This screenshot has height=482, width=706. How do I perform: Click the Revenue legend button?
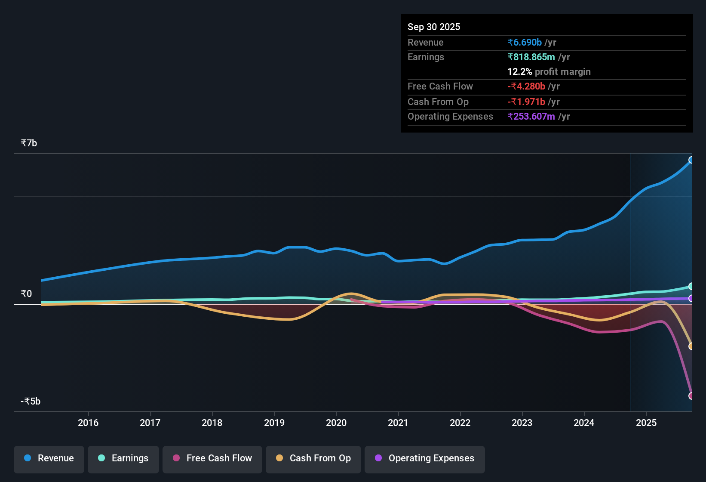(49, 458)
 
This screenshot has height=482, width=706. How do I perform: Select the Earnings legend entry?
(123, 458)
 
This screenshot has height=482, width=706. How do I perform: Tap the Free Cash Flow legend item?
(212, 458)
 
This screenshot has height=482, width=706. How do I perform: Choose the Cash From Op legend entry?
(313, 458)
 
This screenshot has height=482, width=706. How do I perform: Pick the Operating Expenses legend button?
(425, 458)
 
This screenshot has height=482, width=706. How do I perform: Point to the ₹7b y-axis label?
(29, 143)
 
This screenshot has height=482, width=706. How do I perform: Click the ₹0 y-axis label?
(26, 294)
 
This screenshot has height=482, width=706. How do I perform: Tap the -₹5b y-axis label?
(31, 402)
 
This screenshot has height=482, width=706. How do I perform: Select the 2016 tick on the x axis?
(88, 423)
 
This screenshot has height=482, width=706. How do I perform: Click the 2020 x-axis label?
(336, 423)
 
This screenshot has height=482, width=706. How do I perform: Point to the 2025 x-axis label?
(646, 423)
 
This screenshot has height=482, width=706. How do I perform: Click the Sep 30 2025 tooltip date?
(434, 27)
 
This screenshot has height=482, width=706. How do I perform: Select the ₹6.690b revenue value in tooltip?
(525, 42)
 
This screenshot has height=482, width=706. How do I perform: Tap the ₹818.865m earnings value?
(531, 57)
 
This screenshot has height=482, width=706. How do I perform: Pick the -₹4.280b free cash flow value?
(526, 87)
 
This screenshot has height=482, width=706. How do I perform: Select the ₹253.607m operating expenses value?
(531, 117)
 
